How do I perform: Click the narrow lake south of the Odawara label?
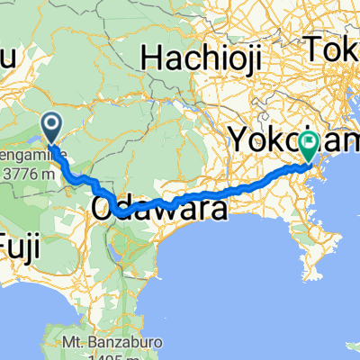click(114, 238)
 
